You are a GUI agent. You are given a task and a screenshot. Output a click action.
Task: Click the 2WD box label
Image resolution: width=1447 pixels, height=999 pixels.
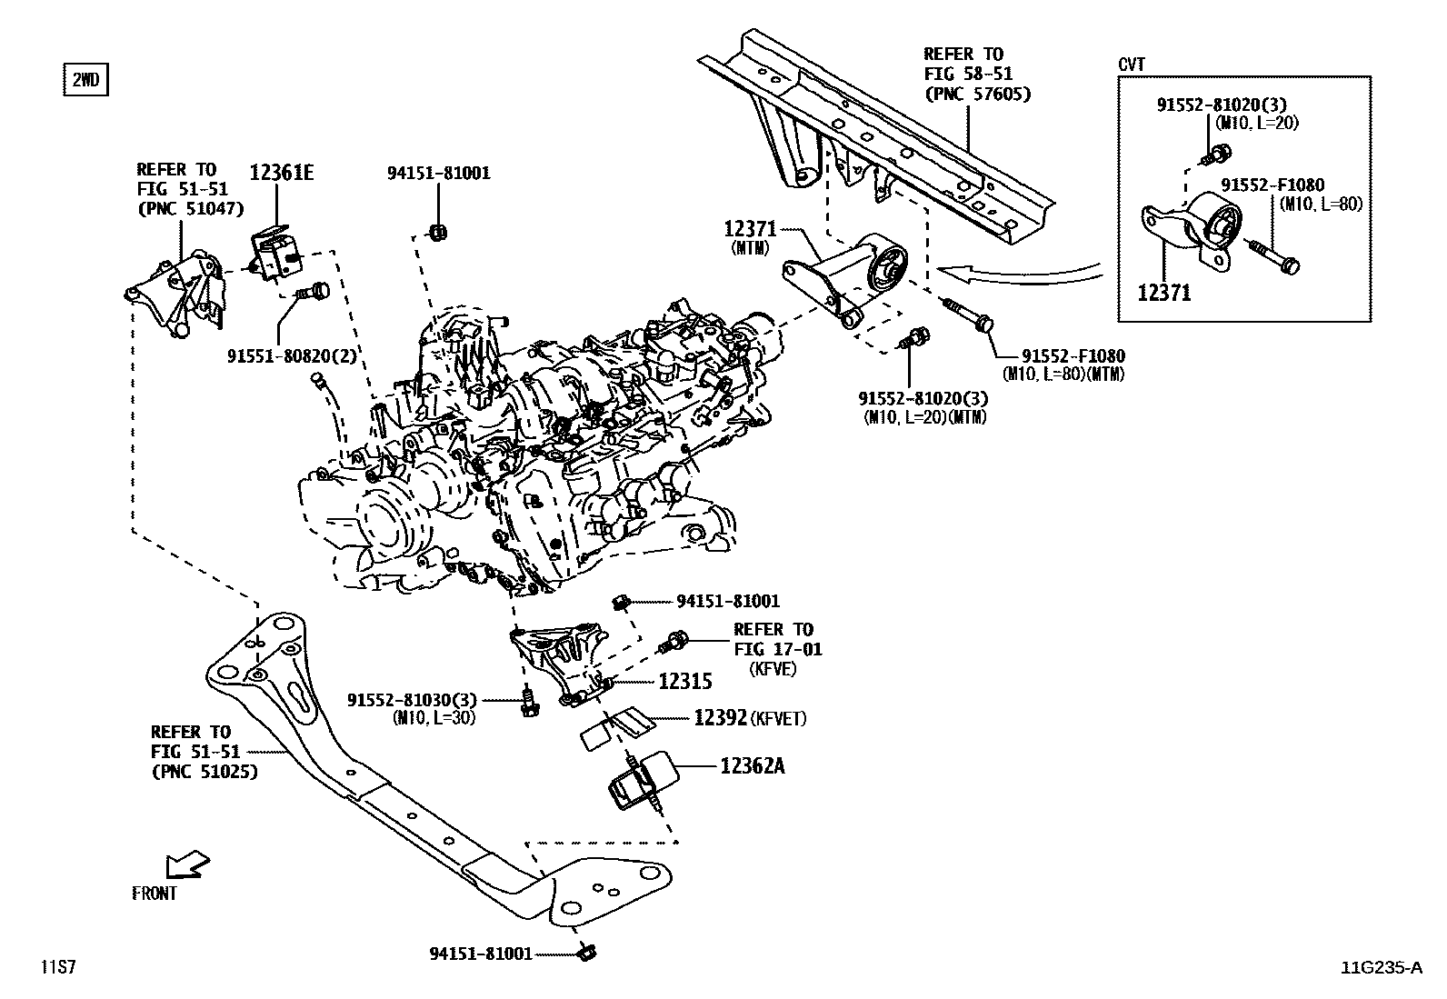pyautogui.click(x=85, y=81)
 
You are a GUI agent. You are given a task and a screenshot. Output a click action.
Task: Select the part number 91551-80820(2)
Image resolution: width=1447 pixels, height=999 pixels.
pyautogui.click(x=292, y=357)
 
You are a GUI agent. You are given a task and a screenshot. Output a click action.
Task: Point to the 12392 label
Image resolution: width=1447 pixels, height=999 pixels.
pyautogui.click(x=720, y=717)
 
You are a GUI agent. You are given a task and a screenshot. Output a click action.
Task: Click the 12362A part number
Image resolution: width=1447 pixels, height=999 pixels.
pyautogui.click(x=752, y=765)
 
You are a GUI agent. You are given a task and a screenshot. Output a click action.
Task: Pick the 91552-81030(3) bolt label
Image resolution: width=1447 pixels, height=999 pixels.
pyautogui.click(x=413, y=700)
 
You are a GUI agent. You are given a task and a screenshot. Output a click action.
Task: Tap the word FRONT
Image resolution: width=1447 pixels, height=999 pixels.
pyautogui.click(x=155, y=894)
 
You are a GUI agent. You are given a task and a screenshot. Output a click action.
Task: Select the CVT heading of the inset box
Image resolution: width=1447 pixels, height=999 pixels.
pyautogui.click(x=1132, y=65)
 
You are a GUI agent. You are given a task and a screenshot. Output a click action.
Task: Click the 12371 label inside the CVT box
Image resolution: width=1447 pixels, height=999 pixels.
pyautogui.click(x=1163, y=293)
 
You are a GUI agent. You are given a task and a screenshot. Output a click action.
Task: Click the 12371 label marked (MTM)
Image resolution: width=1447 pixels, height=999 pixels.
pyautogui.click(x=751, y=231)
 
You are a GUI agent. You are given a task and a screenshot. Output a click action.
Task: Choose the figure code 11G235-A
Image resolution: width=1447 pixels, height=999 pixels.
pyautogui.click(x=1381, y=968)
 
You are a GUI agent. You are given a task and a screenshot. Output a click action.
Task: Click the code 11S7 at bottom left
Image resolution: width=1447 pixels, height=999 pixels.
pyautogui.click(x=56, y=968)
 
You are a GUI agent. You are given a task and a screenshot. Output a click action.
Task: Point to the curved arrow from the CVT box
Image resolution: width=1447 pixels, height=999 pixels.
pyautogui.click(x=1018, y=269)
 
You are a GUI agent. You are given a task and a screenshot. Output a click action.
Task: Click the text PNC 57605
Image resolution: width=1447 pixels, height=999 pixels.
pyautogui.click(x=977, y=94)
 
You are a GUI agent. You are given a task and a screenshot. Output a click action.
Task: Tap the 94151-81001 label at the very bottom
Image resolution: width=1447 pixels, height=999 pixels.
pyautogui.click(x=480, y=954)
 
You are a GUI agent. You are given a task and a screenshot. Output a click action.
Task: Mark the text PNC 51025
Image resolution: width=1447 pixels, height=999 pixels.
pyautogui.click(x=204, y=772)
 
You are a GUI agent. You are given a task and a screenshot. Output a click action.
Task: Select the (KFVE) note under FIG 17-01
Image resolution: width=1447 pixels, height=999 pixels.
pyautogui.click(x=773, y=668)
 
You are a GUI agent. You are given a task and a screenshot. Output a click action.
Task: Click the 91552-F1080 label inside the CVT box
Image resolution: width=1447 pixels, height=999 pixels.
pyautogui.click(x=1272, y=185)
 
